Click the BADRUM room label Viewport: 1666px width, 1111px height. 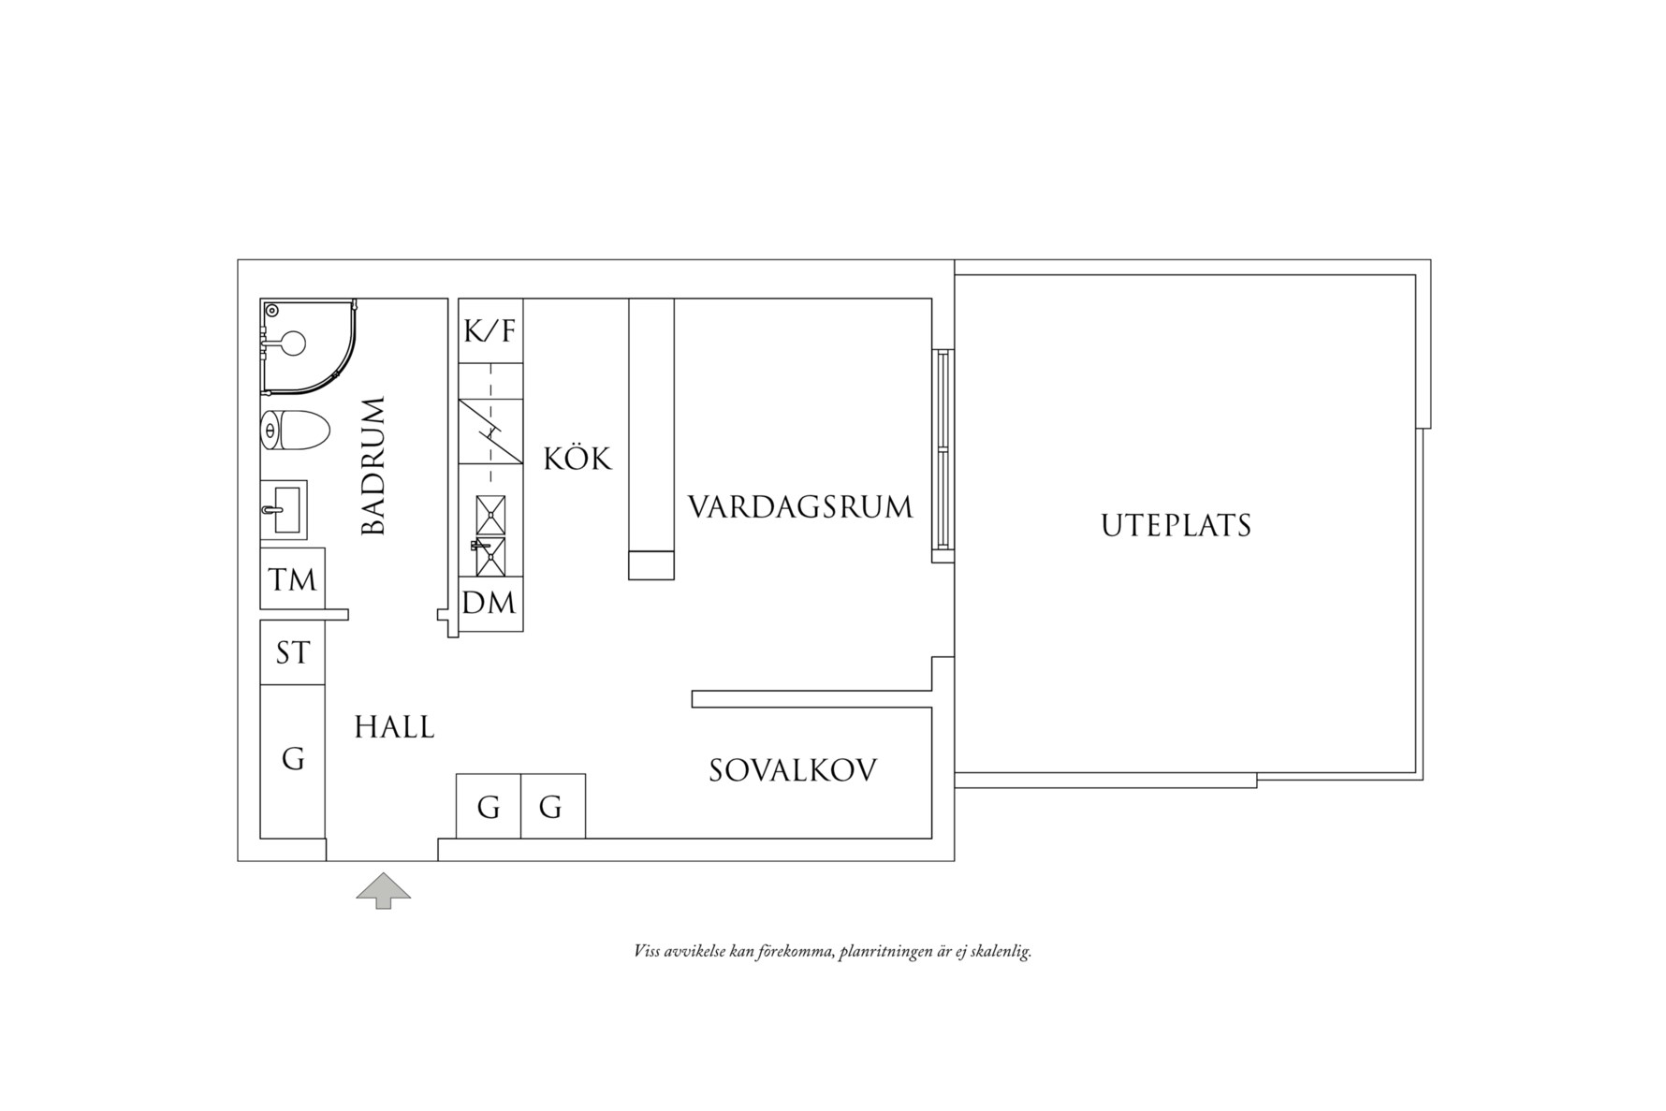pos(373,465)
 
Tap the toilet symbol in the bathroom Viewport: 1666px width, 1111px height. pos(294,431)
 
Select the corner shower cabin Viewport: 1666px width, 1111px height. pos(304,344)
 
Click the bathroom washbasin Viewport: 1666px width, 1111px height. pos(283,510)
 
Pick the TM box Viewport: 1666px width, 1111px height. pos(292,579)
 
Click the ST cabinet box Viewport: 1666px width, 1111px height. pos(292,652)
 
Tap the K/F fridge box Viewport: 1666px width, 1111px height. pos(490,330)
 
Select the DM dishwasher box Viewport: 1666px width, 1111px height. pos(490,603)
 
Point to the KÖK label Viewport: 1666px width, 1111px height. pos(577,459)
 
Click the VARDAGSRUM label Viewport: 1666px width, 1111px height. pos(800,507)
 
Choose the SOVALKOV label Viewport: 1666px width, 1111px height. pos(793,770)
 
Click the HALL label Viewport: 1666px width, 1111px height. pos(394,727)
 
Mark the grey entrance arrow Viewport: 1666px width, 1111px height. pos(383,890)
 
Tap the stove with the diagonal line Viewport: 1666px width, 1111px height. pos(490,431)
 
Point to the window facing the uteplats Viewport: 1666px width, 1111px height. pos(943,449)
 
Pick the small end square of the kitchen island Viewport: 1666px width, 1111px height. pos(650,565)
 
